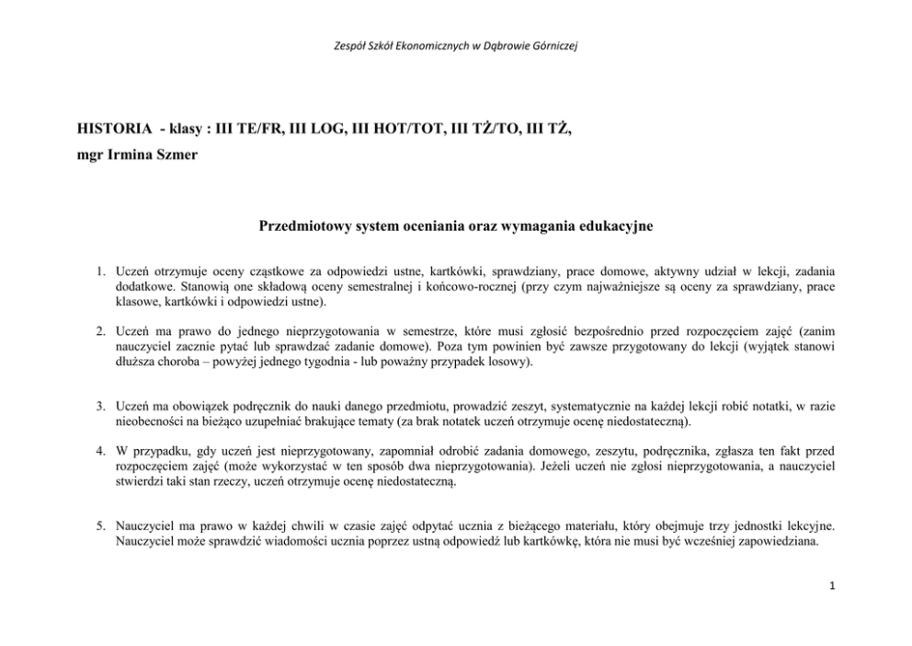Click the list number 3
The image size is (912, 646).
[102, 405]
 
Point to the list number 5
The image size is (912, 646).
[102, 525]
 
